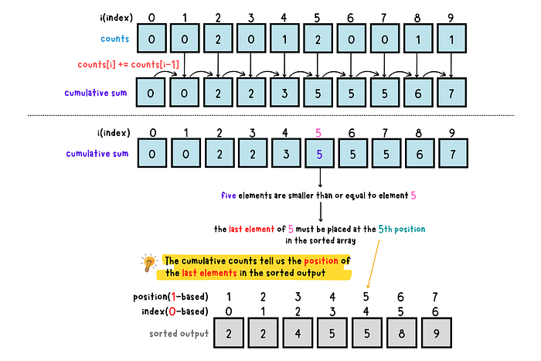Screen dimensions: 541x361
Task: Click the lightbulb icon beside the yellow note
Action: (x=149, y=263)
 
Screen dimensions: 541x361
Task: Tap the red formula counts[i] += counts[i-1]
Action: (x=128, y=64)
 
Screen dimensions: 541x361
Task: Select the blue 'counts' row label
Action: (x=115, y=39)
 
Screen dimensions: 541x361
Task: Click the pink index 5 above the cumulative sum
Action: (x=318, y=132)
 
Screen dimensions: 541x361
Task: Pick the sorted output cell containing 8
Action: (x=402, y=333)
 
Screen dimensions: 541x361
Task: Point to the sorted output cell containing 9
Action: (x=437, y=333)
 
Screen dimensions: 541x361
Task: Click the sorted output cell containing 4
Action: (x=298, y=333)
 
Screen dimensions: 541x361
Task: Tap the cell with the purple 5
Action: (x=319, y=154)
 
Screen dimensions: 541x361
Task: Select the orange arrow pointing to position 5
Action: (x=373, y=264)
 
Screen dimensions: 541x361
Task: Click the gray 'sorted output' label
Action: (x=179, y=334)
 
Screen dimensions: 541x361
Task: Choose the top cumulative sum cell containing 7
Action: (x=451, y=93)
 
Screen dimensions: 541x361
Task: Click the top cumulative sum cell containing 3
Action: (x=284, y=93)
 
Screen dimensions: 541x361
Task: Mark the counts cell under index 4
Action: (x=284, y=39)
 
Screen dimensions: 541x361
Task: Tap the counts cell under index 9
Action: (x=451, y=39)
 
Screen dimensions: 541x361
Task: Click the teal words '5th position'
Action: (x=402, y=229)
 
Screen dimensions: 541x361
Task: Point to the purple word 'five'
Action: (x=229, y=196)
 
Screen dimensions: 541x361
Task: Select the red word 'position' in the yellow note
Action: (x=321, y=261)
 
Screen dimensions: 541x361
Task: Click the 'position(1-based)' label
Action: (x=171, y=297)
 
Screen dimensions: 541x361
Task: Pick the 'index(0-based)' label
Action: (x=175, y=312)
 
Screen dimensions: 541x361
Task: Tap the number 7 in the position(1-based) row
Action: (x=435, y=297)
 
